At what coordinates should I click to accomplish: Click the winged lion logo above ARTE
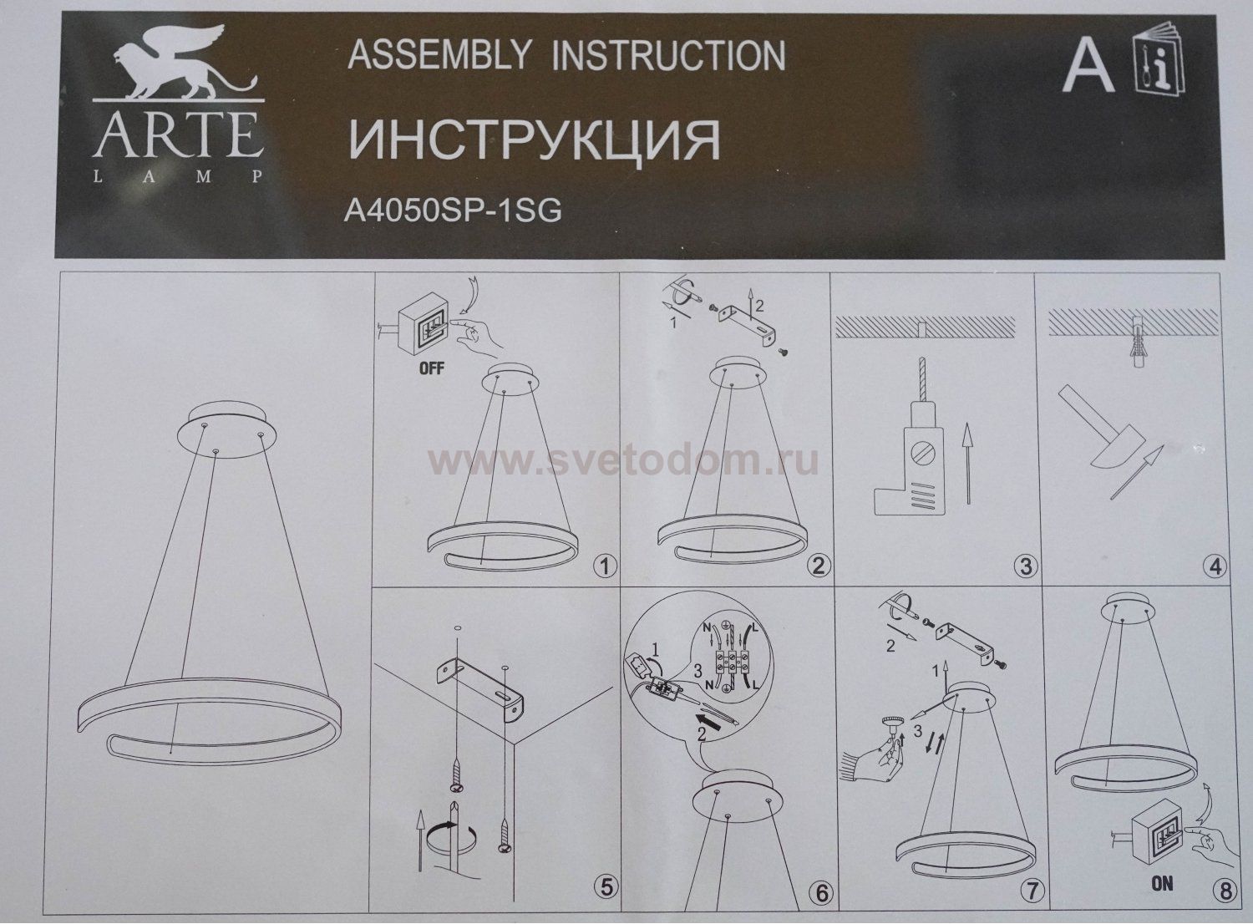[176, 72]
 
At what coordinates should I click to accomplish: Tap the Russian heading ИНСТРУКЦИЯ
[534, 139]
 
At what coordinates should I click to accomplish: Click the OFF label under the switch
[431, 368]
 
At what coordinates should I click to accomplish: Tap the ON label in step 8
[1161, 883]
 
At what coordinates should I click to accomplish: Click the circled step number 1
[601, 567]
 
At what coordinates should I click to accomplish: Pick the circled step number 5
[601, 891]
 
